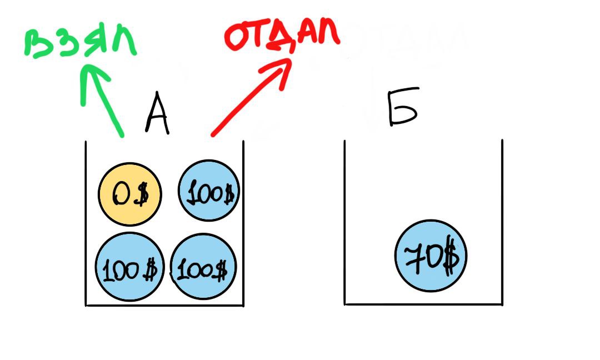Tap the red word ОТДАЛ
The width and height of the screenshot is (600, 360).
pos(282,34)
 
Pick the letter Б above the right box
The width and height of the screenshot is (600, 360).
pos(402,111)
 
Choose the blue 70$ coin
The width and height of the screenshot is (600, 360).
pos(431,256)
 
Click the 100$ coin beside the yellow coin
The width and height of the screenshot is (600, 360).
pos(208,191)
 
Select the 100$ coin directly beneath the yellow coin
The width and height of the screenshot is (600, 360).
pos(129,267)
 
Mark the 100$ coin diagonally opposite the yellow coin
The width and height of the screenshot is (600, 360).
pos(204,268)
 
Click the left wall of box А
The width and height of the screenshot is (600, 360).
pos(86,222)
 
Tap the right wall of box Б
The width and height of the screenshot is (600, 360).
pos(502,222)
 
